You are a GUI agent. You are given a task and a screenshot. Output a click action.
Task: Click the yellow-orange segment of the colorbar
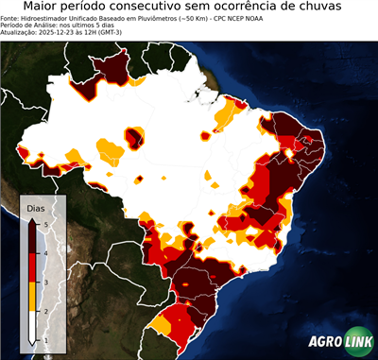pos(34,296)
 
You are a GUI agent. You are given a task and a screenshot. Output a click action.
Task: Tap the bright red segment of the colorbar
pos(34,266)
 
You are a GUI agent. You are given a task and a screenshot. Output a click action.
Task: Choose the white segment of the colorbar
pos(34,325)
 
